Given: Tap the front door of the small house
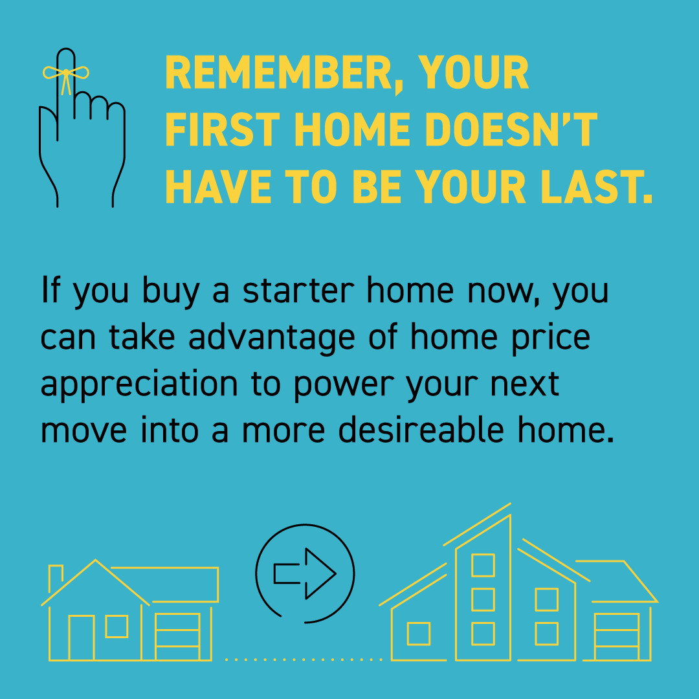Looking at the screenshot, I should [x=82, y=638].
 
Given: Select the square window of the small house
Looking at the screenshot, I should [x=116, y=627].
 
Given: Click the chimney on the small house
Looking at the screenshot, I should [x=56, y=576].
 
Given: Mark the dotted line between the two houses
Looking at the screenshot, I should [x=303, y=660].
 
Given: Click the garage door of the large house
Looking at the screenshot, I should [x=617, y=638].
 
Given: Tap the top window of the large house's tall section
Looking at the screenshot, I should [x=483, y=565].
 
